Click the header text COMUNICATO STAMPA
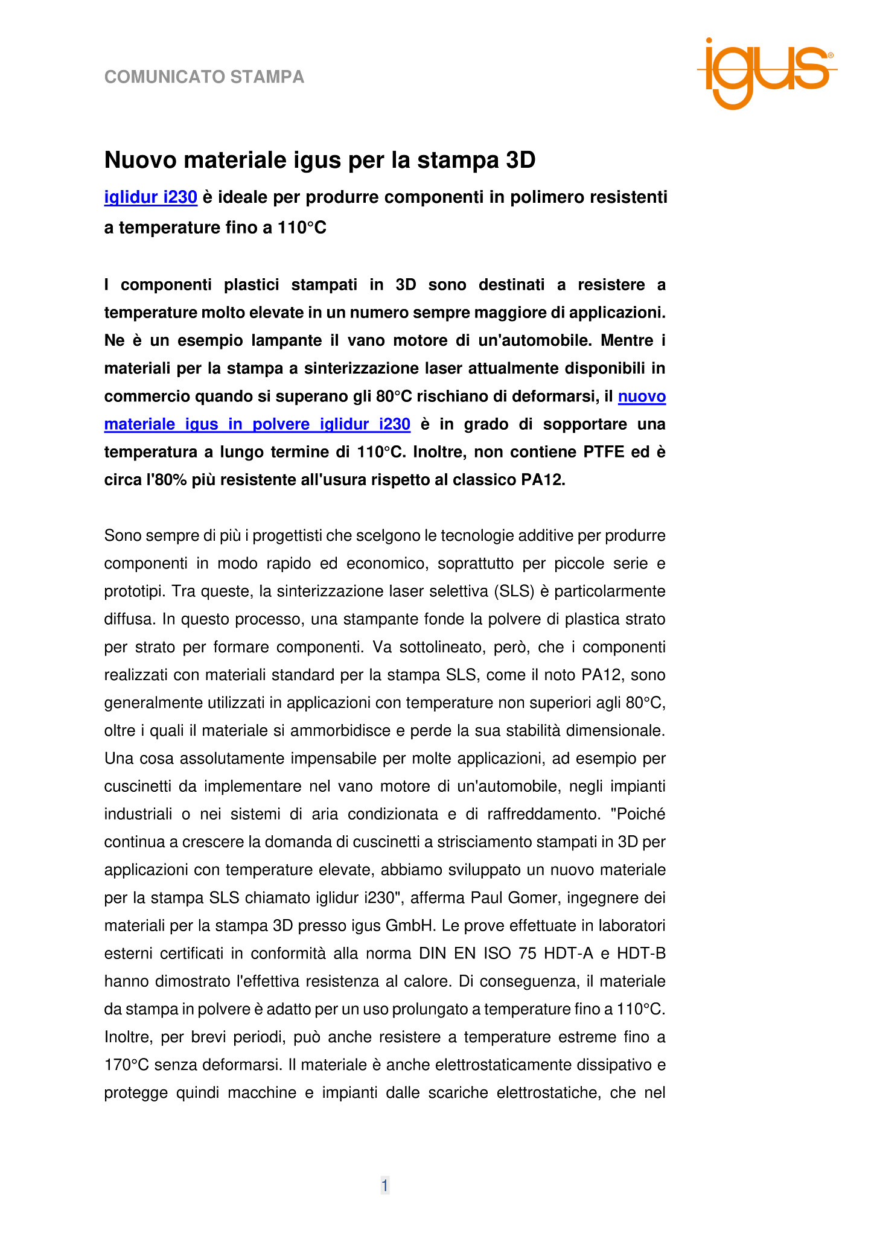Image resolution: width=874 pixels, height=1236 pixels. [x=204, y=77]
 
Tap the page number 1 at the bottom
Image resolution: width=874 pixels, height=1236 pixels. [x=384, y=1186]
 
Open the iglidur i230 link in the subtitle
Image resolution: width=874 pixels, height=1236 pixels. [x=151, y=197]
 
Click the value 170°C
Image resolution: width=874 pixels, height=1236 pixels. [x=126, y=1065]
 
